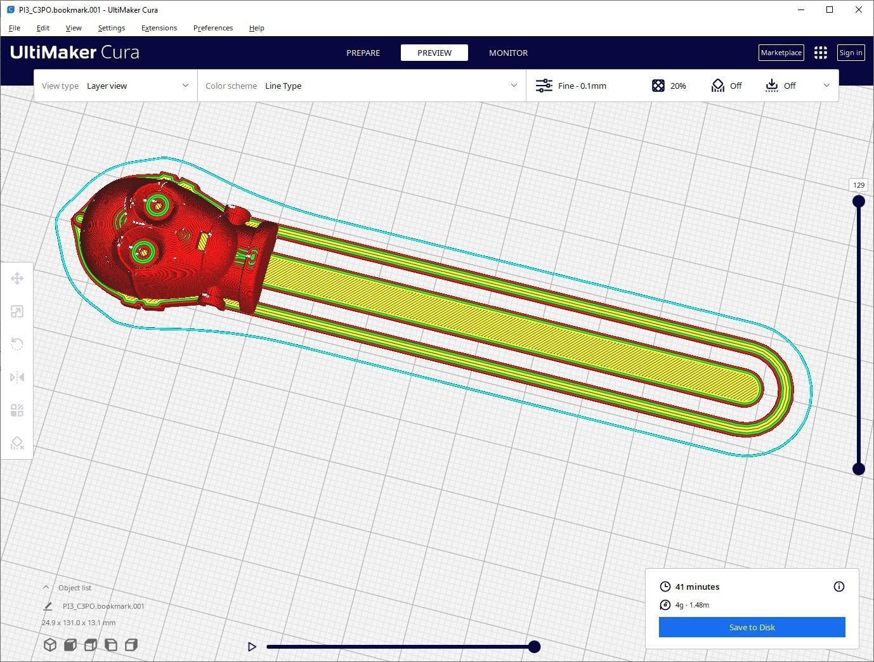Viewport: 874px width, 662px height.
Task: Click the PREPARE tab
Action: (363, 53)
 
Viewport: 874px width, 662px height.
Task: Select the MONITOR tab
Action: (508, 53)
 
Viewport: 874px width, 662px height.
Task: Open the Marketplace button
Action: (781, 53)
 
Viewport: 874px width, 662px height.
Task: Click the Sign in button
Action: (851, 53)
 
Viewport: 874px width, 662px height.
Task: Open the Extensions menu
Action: (159, 28)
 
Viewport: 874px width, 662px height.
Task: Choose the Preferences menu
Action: (212, 28)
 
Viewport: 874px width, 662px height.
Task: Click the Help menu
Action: (256, 28)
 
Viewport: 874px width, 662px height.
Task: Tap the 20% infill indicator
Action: (669, 86)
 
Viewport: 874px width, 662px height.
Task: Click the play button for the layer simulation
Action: (252, 647)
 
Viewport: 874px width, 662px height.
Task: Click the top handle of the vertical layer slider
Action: (859, 202)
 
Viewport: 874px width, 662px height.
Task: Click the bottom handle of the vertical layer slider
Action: (859, 469)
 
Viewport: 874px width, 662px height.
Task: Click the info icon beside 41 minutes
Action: (838, 587)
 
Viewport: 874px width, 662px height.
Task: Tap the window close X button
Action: (859, 10)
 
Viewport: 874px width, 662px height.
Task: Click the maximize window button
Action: (830, 10)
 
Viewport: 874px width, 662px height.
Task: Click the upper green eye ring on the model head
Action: (156, 205)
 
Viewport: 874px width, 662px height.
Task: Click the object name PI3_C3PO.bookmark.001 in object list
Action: (103, 606)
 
